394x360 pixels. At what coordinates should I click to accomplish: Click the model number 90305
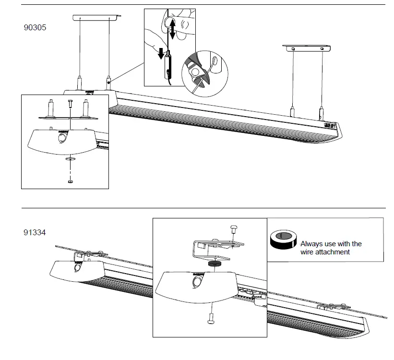point(35,28)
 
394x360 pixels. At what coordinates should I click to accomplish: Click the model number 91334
point(35,232)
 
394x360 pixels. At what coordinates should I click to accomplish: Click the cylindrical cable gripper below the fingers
point(167,67)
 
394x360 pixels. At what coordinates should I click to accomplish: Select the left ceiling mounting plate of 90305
point(96,17)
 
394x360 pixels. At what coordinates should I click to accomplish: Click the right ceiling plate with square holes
point(307,48)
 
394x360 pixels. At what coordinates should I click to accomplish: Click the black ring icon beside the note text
point(284,239)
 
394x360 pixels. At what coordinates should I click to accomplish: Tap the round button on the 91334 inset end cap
point(197,282)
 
